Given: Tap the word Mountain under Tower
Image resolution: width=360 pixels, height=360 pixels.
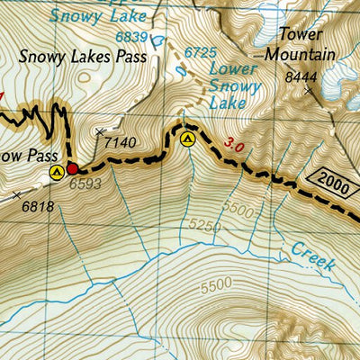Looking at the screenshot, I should [x=300, y=55].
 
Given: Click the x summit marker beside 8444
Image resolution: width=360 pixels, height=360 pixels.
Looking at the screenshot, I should [x=310, y=91].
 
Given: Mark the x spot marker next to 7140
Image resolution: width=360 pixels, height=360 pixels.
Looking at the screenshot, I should [x=99, y=132].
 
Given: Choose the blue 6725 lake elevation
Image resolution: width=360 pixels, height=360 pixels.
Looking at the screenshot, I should [x=201, y=52].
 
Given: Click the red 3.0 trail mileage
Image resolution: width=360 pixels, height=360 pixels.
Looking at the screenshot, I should [x=234, y=143].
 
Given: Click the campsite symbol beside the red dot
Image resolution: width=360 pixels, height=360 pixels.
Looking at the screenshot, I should [x=56, y=171].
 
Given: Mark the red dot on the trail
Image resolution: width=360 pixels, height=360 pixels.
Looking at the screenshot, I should [x=72, y=168].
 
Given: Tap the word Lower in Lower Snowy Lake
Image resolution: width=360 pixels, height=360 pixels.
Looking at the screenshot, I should [x=229, y=69].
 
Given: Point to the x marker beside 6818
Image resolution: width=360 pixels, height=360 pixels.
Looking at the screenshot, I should [x=16, y=194].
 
